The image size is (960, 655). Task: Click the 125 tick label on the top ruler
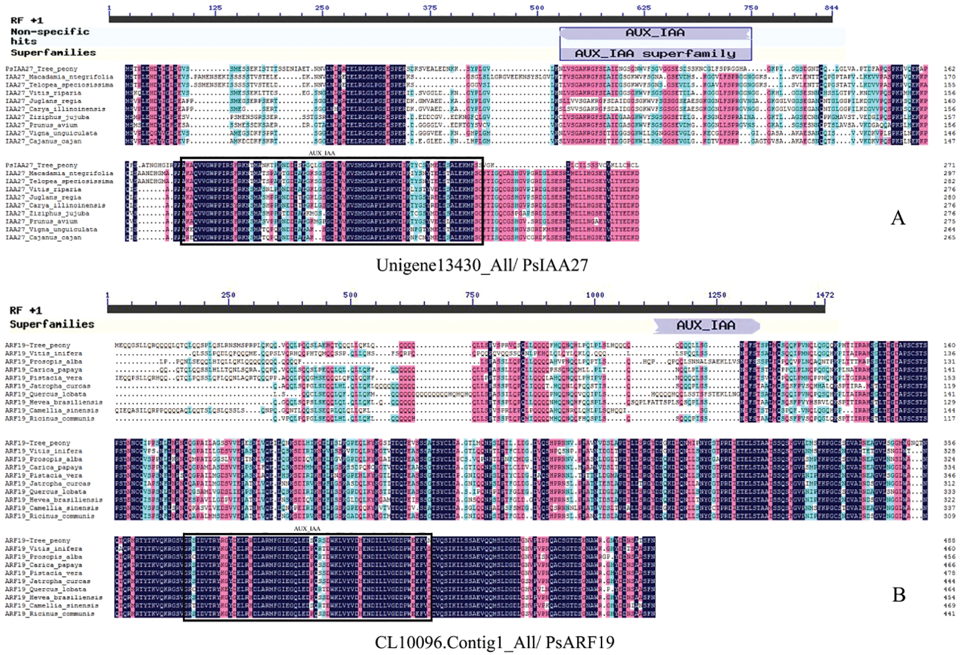(x=215, y=7)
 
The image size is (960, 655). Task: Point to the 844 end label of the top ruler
(x=831, y=7)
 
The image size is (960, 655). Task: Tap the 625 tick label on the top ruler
(x=643, y=7)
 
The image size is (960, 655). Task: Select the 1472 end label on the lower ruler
(x=825, y=295)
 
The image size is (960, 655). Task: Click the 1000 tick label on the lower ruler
(x=595, y=295)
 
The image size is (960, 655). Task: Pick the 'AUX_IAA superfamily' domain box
(x=655, y=53)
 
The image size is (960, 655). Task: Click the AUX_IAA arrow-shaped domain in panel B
(x=706, y=325)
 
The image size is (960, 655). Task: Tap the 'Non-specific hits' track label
(x=50, y=36)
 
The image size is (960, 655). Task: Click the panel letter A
(x=898, y=218)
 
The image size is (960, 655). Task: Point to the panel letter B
(x=899, y=595)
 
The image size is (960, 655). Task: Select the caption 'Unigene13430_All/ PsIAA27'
(x=481, y=265)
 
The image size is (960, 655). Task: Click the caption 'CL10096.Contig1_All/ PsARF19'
(x=494, y=642)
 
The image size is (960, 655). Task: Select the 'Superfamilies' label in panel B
(x=52, y=324)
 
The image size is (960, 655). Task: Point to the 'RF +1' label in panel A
(x=27, y=20)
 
